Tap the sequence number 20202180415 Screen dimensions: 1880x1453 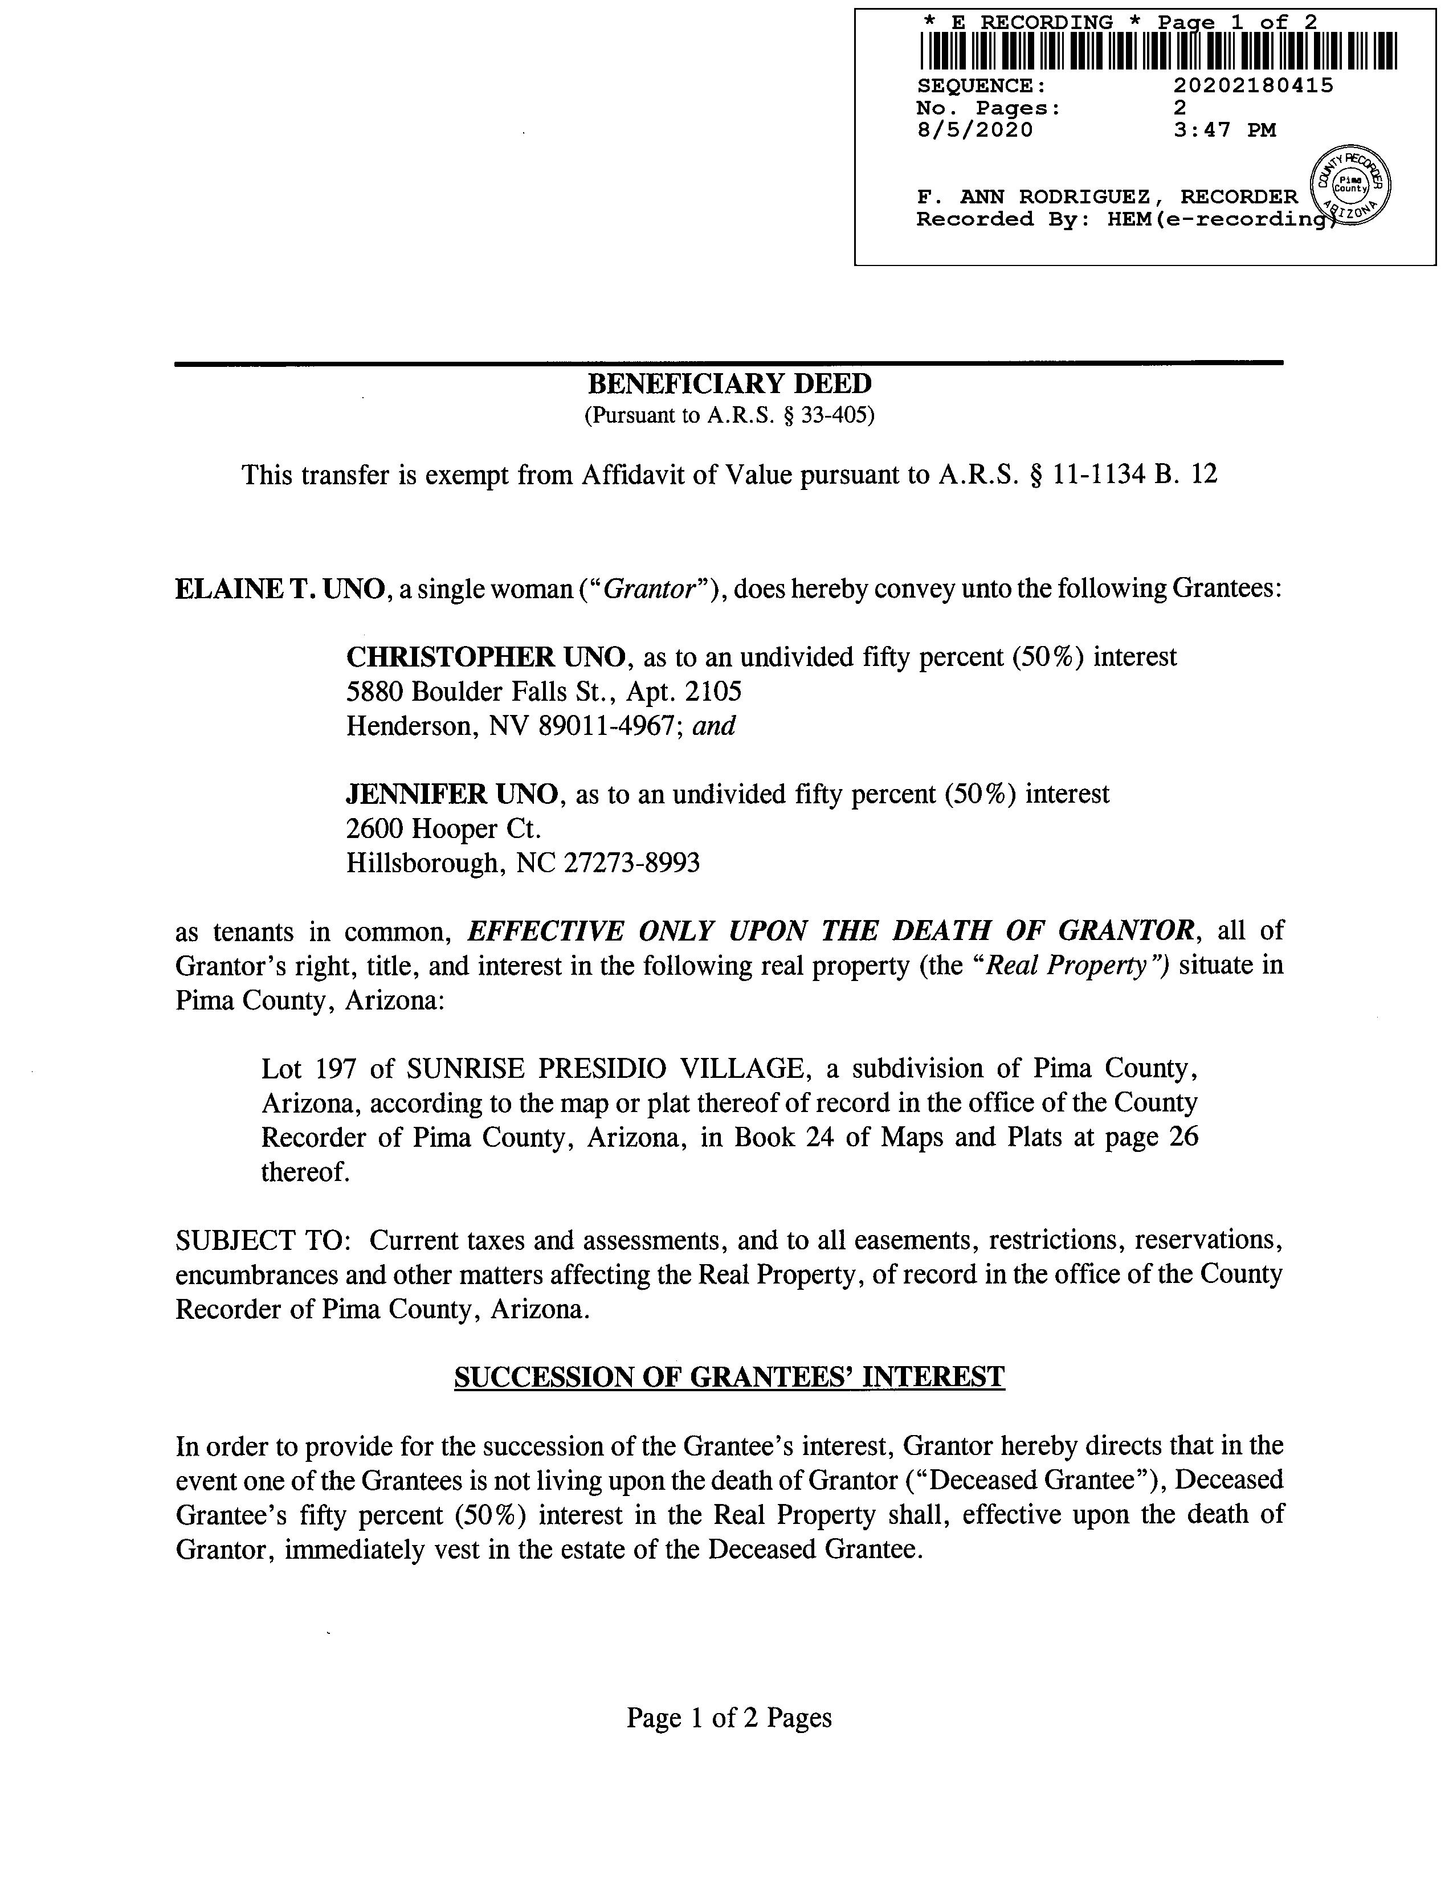pyautogui.click(x=1254, y=85)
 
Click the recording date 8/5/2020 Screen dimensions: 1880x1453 pyautogui.click(x=974, y=130)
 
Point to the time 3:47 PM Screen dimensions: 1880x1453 pyautogui.click(x=1224, y=130)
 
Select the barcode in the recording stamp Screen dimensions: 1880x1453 pyautogui.click(x=1158, y=51)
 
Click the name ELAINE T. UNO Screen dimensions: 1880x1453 pyautogui.click(x=279, y=589)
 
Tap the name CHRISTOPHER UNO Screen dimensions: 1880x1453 pyautogui.click(x=485, y=657)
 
